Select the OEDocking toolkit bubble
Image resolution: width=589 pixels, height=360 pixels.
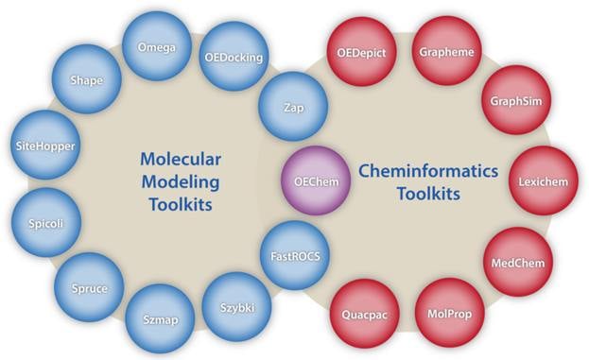pos(234,58)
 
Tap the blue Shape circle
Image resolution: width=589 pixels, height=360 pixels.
pos(86,80)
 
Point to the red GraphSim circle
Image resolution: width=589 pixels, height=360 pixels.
pos(515,101)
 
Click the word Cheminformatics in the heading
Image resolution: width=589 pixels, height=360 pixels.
pos(415,170)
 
